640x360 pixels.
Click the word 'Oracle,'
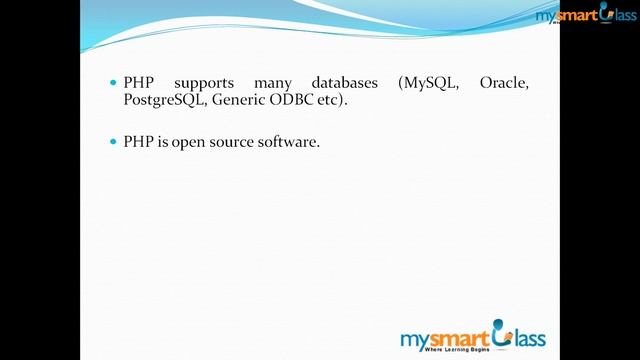pyautogui.click(x=504, y=83)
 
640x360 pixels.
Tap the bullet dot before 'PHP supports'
pyautogui.click(x=113, y=83)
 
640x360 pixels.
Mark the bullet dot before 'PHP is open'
pyautogui.click(x=113, y=142)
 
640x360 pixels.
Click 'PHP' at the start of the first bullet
pyautogui.click(x=136, y=83)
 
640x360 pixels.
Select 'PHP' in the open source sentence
pyautogui.click(x=136, y=142)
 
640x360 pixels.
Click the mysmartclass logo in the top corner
pyautogui.click(x=584, y=15)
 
